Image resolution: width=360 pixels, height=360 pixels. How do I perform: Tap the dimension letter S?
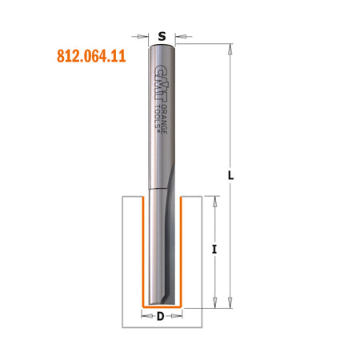click(162, 36)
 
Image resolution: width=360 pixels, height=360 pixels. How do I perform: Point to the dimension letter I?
click(214, 250)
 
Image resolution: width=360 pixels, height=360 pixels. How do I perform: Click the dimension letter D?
click(161, 317)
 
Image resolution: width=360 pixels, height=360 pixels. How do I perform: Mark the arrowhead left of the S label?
click(146, 36)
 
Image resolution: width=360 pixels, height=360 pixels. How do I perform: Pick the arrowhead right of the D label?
click(178, 317)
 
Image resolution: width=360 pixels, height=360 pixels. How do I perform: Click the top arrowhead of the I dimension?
click(214, 200)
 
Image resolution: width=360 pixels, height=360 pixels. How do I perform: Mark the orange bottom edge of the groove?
click(162, 306)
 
